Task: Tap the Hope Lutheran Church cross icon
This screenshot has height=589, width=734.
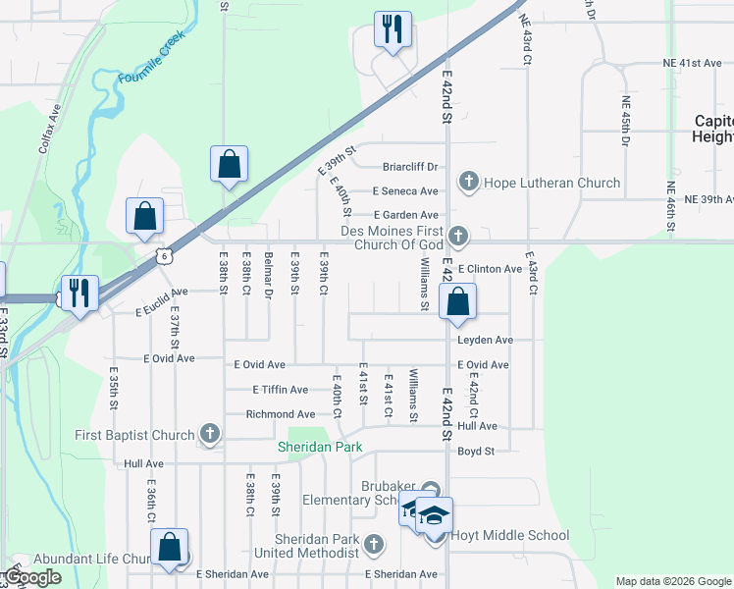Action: point(469,182)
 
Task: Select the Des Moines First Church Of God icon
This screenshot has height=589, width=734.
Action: point(457,236)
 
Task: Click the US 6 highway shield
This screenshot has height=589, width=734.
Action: point(164,256)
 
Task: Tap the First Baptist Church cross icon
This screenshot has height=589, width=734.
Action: point(209,433)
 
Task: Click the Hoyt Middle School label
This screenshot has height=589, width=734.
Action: point(509,535)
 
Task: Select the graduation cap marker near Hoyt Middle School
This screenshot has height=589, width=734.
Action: point(434,513)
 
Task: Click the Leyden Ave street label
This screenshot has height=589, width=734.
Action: point(485,340)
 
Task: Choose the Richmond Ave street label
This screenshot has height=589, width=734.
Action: point(280,414)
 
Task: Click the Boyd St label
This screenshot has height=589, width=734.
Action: point(477,452)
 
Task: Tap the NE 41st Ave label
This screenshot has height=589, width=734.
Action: point(693,63)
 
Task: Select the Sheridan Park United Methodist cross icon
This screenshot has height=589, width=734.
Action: point(373,544)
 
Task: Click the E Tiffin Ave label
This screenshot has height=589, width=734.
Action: point(284,390)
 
